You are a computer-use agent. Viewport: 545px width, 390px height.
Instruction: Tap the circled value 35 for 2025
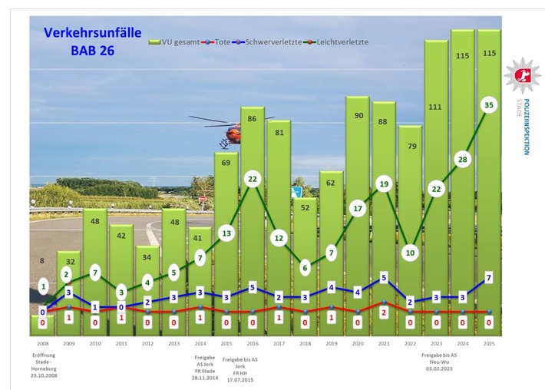488,105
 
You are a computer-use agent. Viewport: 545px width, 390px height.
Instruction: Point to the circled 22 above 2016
253,178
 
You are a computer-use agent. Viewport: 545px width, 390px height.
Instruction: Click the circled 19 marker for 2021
384,183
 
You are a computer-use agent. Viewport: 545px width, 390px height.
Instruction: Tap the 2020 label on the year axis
358,344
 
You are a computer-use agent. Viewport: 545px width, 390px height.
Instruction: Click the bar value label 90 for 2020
358,115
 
